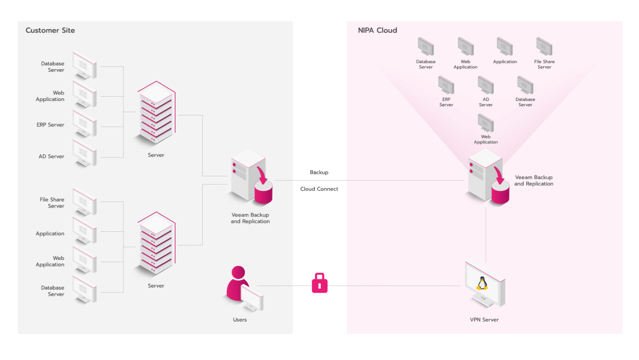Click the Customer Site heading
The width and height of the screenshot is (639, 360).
50,30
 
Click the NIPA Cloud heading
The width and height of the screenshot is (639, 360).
377,30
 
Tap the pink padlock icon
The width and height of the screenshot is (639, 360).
319,283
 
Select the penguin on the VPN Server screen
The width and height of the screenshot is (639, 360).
482,283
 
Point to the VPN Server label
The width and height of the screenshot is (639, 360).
484,320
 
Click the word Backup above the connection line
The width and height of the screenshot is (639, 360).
319,172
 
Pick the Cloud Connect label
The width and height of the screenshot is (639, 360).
319,189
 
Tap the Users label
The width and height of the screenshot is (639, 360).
239,320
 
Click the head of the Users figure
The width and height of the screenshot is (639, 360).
238,272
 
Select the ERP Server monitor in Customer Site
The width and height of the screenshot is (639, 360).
85,124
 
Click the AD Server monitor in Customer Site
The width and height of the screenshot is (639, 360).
85,153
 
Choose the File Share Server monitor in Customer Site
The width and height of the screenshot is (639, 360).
85,202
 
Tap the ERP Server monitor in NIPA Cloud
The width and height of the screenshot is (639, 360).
446,85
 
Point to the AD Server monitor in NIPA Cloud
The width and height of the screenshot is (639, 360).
486,85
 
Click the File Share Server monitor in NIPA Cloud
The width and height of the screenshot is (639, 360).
544,46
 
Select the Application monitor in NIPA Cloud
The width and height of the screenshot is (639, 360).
504,46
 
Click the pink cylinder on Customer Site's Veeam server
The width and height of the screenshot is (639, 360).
263,192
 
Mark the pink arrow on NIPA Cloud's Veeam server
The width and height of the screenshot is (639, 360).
499,175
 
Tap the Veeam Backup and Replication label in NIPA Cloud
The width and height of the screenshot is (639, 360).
534,180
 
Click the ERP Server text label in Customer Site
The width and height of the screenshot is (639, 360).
50,124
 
